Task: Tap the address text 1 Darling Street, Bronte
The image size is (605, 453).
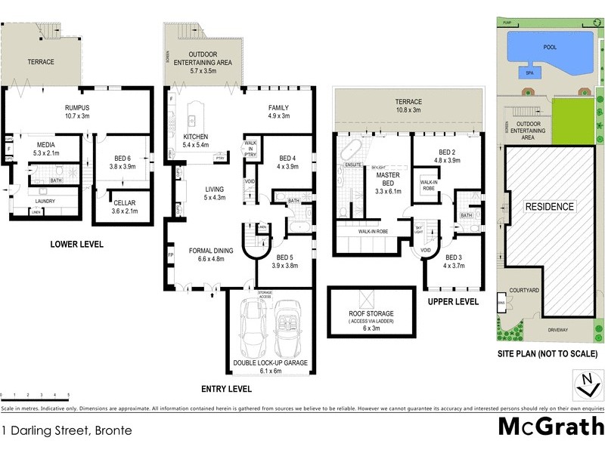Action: click(67, 431)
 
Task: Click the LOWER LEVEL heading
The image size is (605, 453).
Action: click(76, 244)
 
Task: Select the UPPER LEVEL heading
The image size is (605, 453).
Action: click(453, 301)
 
